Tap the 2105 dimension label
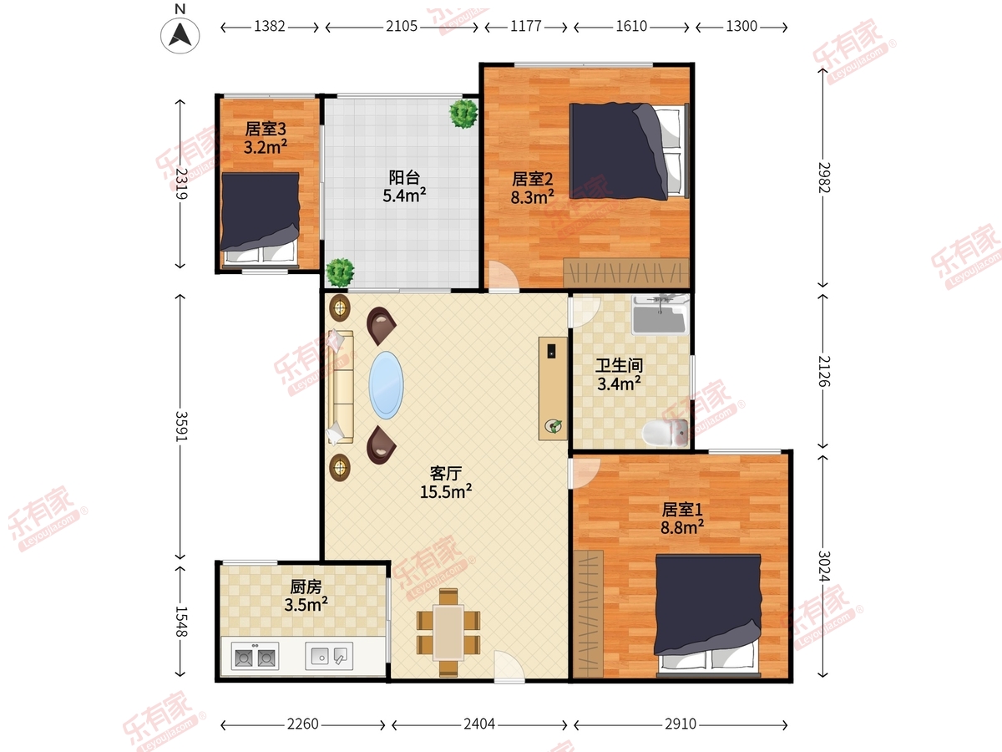402,27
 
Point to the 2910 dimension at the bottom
681,724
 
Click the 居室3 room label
266,129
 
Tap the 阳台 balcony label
404,177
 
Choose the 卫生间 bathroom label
619,365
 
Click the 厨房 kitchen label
306,587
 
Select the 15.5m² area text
446,492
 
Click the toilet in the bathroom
665,433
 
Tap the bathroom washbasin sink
660,314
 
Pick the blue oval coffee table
387,385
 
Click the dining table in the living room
448,633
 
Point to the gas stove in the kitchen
255,657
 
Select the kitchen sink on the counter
329,656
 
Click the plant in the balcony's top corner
463,114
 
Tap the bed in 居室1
708,615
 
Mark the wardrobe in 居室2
626,273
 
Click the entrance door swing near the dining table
509,667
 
